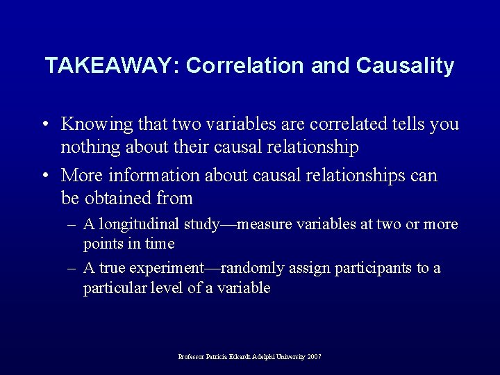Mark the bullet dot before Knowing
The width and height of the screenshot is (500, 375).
(x=44, y=125)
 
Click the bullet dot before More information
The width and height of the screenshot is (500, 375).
(x=44, y=176)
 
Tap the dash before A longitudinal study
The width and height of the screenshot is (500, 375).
(x=72, y=225)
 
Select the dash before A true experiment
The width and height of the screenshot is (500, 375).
(x=72, y=269)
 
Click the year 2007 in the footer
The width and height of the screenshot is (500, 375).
(x=315, y=357)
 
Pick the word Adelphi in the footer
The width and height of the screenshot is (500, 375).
(x=264, y=357)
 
